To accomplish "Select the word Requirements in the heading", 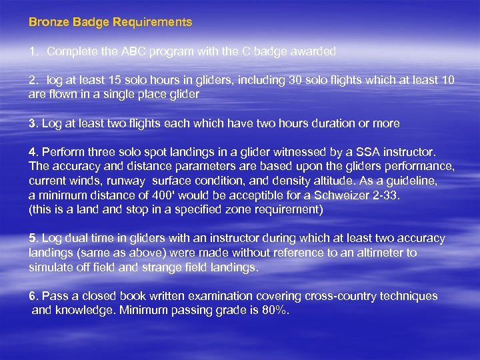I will pos(152,22).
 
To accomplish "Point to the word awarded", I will pos(314,51).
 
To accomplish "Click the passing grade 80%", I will pos(275,310).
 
